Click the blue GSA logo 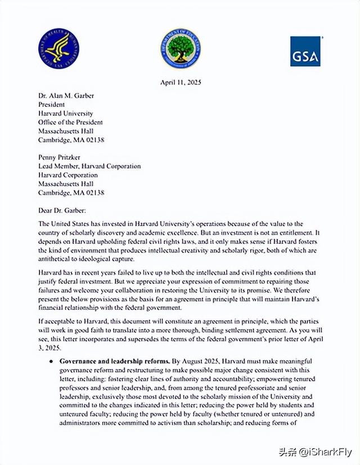(x=305, y=52)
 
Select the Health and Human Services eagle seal (x=58, y=48)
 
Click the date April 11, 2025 (x=180, y=83)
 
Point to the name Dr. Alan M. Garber (x=66, y=96)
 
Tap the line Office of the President (x=70, y=122)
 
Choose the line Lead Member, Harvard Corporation (x=89, y=166)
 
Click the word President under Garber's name (x=52, y=105)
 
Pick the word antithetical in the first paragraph (x=57, y=259)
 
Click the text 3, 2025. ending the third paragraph (x=49, y=349)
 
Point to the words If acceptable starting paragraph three (x=58, y=322)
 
